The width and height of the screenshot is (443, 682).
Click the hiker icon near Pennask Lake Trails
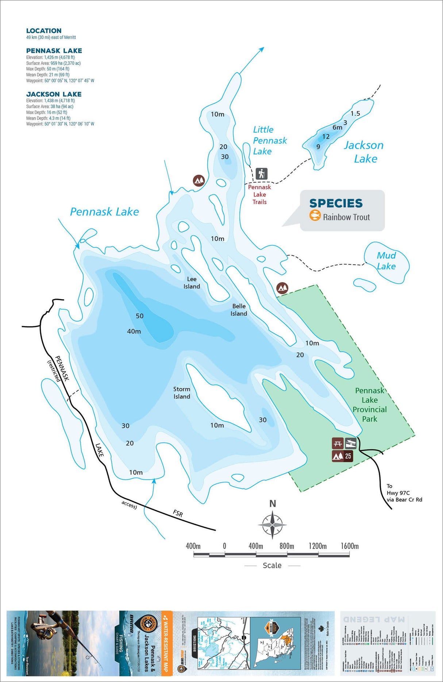coord(261,174)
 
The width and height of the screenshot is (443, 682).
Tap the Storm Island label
coord(182,393)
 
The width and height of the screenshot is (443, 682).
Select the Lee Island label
coord(192,283)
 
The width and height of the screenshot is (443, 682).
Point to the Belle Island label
coord(239,310)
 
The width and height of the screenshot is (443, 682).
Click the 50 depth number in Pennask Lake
coord(140,316)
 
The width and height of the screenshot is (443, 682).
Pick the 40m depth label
coord(134,331)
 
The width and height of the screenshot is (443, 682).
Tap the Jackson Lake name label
coord(364,152)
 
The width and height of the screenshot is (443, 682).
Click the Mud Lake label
coord(386,261)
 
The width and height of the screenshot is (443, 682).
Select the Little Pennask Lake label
coord(269,140)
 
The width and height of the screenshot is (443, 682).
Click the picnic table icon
coord(338,444)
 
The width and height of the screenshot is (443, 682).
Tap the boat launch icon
coord(351,444)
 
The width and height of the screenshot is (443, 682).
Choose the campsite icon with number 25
coord(342,456)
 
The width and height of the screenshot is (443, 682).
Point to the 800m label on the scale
coord(287,546)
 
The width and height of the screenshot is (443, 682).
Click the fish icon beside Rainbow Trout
coord(315,215)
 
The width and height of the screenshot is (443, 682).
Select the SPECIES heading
coord(336,203)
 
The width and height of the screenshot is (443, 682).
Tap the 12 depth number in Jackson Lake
coord(326,137)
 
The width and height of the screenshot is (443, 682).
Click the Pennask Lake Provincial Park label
coord(370,405)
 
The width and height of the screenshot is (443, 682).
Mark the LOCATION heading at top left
coord(44,31)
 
